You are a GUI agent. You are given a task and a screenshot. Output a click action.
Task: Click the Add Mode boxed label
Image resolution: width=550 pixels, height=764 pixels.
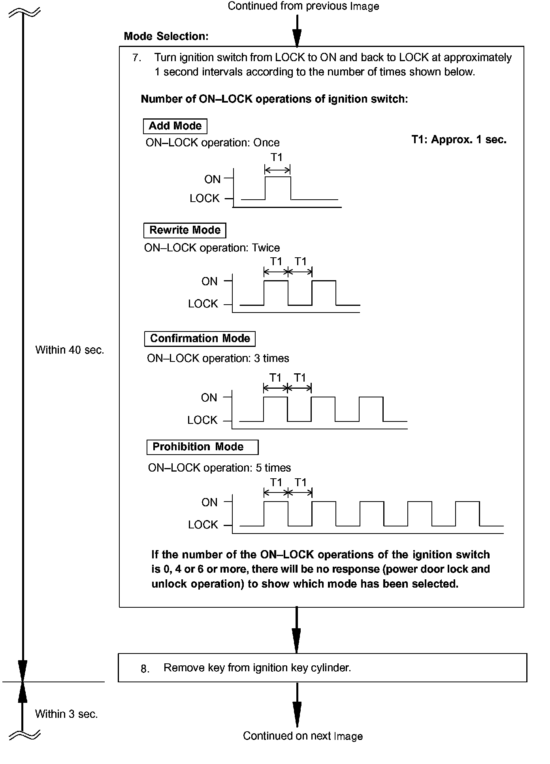pos(175,126)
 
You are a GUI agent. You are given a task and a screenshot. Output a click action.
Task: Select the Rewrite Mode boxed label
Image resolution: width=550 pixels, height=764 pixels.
pos(185,230)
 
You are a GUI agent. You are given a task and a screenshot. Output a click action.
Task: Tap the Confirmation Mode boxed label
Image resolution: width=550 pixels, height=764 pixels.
pos(200,339)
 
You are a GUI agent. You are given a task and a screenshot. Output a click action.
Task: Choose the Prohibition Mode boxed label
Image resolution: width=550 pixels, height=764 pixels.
pos(202,447)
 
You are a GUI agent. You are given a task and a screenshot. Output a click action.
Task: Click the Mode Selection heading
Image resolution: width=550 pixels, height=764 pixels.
pos(166,36)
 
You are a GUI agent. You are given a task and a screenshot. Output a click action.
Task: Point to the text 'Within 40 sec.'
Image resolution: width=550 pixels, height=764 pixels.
pos(70,350)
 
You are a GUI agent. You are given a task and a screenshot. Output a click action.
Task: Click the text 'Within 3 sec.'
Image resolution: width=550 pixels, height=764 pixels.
pos(66,713)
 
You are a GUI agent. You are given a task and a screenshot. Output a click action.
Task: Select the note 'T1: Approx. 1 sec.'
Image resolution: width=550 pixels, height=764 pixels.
pos(459,139)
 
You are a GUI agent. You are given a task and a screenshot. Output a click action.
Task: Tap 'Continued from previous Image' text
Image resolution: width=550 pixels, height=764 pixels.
pos(303,6)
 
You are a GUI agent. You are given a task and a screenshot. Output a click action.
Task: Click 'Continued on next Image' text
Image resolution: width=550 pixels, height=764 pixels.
pos(303,736)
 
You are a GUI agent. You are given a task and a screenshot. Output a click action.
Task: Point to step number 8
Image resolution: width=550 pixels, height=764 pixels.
pos(145,668)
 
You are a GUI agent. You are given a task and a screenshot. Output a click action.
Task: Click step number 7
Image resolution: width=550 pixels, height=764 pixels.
pos(137,58)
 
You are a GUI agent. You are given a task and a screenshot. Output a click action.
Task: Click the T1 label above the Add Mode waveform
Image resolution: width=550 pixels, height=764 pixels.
pos(277,157)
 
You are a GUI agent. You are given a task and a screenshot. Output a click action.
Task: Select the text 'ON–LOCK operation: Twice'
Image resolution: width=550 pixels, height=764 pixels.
pos(212,248)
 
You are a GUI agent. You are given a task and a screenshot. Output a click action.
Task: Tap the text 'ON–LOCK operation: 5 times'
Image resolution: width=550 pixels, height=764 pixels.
pos(219,468)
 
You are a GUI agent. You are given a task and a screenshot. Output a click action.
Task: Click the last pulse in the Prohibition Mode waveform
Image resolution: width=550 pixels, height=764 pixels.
pos(467,513)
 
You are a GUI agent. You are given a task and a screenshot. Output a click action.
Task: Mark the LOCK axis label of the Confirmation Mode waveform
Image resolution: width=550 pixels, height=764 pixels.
pos(202,420)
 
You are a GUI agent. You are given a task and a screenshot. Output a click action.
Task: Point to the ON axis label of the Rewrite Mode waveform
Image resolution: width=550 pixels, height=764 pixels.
pos(209,281)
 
